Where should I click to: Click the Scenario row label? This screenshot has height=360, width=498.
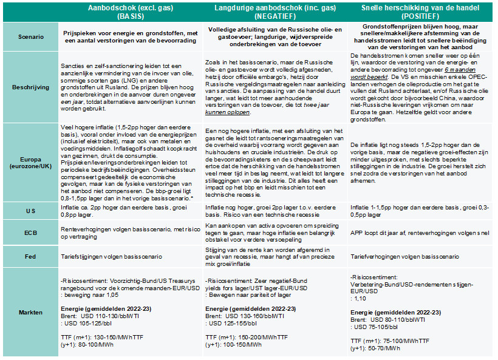pyautogui.click(x=29, y=36)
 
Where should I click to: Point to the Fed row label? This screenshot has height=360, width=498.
pyautogui.click(x=29, y=257)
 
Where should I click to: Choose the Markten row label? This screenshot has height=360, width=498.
pyautogui.click(x=29, y=313)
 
